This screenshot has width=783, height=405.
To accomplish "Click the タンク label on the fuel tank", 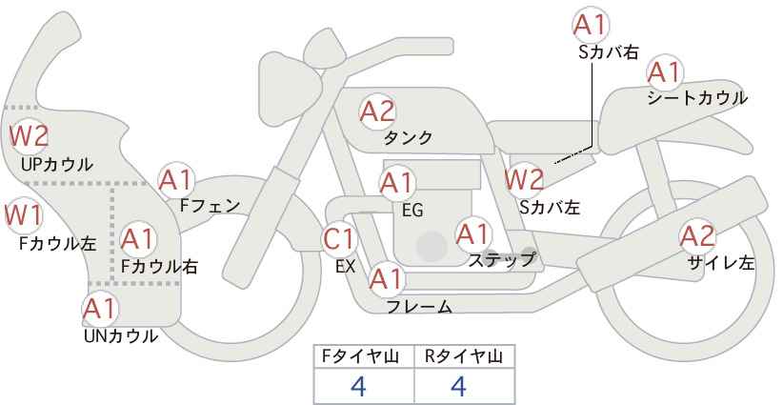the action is pyautogui.click(x=408, y=137).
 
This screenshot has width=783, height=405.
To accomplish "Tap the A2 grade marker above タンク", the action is pyautogui.click(x=377, y=111).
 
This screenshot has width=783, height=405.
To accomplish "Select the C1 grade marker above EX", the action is pyautogui.click(x=339, y=239).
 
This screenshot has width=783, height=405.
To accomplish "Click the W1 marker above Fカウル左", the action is pyautogui.click(x=23, y=215).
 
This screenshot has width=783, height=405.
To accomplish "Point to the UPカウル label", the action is pyautogui.click(x=57, y=164).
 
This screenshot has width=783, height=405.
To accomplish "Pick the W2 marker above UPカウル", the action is pyautogui.click(x=29, y=136).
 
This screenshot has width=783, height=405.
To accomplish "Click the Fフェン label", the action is pyautogui.click(x=210, y=205).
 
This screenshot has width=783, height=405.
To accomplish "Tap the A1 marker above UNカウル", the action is pyautogui.click(x=100, y=310).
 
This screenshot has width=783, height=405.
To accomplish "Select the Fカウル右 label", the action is pyautogui.click(x=159, y=266).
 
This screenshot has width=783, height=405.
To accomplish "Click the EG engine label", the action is pyautogui.click(x=412, y=211).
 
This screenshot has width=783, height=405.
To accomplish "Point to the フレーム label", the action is pyautogui.click(x=419, y=307).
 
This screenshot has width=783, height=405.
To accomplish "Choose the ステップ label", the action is pyautogui.click(x=501, y=260).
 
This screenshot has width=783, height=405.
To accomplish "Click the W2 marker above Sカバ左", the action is pyautogui.click(x=524, y=179).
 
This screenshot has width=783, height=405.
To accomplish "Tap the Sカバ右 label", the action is pyautogui.click(x=609, y=52).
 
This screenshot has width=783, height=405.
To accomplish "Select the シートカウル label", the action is pyautogui.click(x=697, y=98).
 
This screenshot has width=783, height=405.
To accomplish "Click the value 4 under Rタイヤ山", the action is pyautogui.click(x=458, y=386).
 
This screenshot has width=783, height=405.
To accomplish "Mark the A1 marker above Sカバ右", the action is pyautogui.click(x=591, y=25).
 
